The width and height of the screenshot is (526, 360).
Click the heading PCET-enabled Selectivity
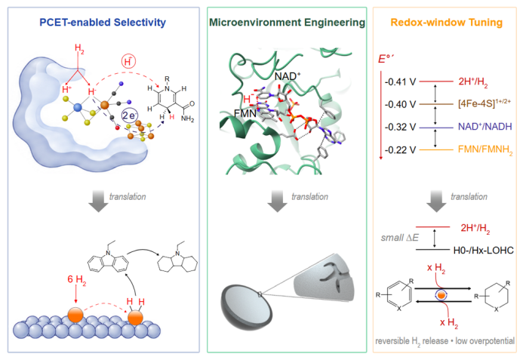coord(103,23)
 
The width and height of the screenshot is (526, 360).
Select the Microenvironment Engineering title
coord(288,23)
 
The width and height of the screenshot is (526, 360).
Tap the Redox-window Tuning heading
coord(447,23)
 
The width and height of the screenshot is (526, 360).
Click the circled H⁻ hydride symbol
coord(128,62)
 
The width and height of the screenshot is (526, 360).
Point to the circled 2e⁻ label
coord(130,115)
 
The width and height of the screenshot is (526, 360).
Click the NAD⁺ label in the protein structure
coord(288,76)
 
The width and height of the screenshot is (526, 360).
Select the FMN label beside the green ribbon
coord(245,113)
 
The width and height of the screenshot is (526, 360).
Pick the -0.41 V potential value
coord(400,82)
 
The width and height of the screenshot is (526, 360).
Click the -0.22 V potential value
coord(400,149)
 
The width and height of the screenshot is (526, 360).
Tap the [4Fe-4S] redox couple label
coord(484,103)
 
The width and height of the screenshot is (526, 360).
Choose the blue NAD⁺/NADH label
coord(485,127)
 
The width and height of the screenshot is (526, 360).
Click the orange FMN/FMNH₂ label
coord(485,150)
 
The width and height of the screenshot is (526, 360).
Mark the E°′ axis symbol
coord(386,59)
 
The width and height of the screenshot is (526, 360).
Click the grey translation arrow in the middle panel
coord(277,202)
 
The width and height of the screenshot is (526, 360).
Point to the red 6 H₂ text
coord(77,280)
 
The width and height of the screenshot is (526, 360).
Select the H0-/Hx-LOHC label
coord(484,251)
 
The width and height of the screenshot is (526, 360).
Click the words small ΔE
coord(400,238)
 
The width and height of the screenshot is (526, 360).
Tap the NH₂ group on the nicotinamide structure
coord(187,118)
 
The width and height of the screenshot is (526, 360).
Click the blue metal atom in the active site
coord(78,107)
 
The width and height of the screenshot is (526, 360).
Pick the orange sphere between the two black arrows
coord(441,295)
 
